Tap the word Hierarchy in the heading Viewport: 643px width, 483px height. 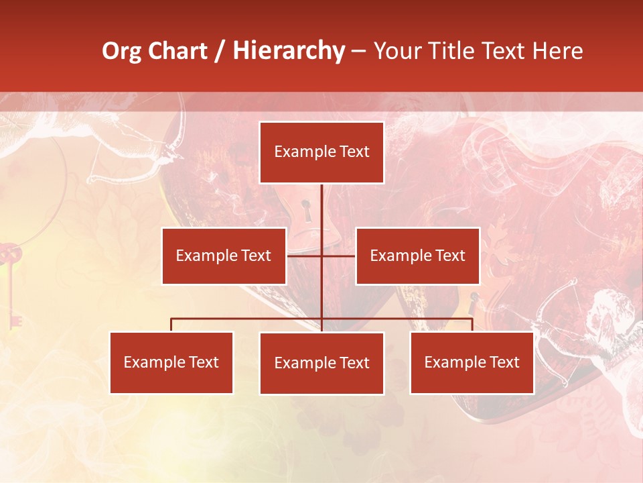[x=288, y=51]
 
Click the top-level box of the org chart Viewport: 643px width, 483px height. [x=321, y=152]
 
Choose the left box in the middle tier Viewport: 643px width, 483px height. [x=224, y=256]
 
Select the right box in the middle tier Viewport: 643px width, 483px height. [x=417, y=256]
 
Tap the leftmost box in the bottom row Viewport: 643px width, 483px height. [x=171, y=362]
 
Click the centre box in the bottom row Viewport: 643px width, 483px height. [x=321, y=363]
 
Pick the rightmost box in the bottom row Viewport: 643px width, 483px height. [x=472, y=362]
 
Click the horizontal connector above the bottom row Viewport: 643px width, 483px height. [x=248, y=319]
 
